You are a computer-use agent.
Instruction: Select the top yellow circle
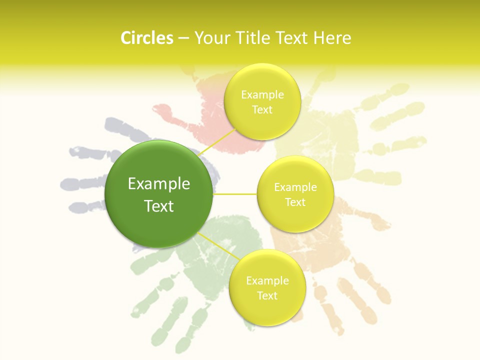(262, 101)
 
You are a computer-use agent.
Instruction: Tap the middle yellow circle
(295, 194)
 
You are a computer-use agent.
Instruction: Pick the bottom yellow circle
(267, 287)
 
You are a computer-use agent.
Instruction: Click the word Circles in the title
(147, 38)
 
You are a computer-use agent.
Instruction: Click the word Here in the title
(332, 38)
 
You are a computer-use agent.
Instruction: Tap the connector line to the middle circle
(235, 194)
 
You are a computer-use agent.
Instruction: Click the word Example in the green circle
(158, 184)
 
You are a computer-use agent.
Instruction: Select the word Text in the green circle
(158, 205)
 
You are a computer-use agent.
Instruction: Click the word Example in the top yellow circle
(262, 94)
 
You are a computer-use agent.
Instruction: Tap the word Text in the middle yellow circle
(295, 202)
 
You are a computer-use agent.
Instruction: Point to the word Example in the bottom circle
(267, 280)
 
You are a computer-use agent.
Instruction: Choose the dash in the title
(183, 38)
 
